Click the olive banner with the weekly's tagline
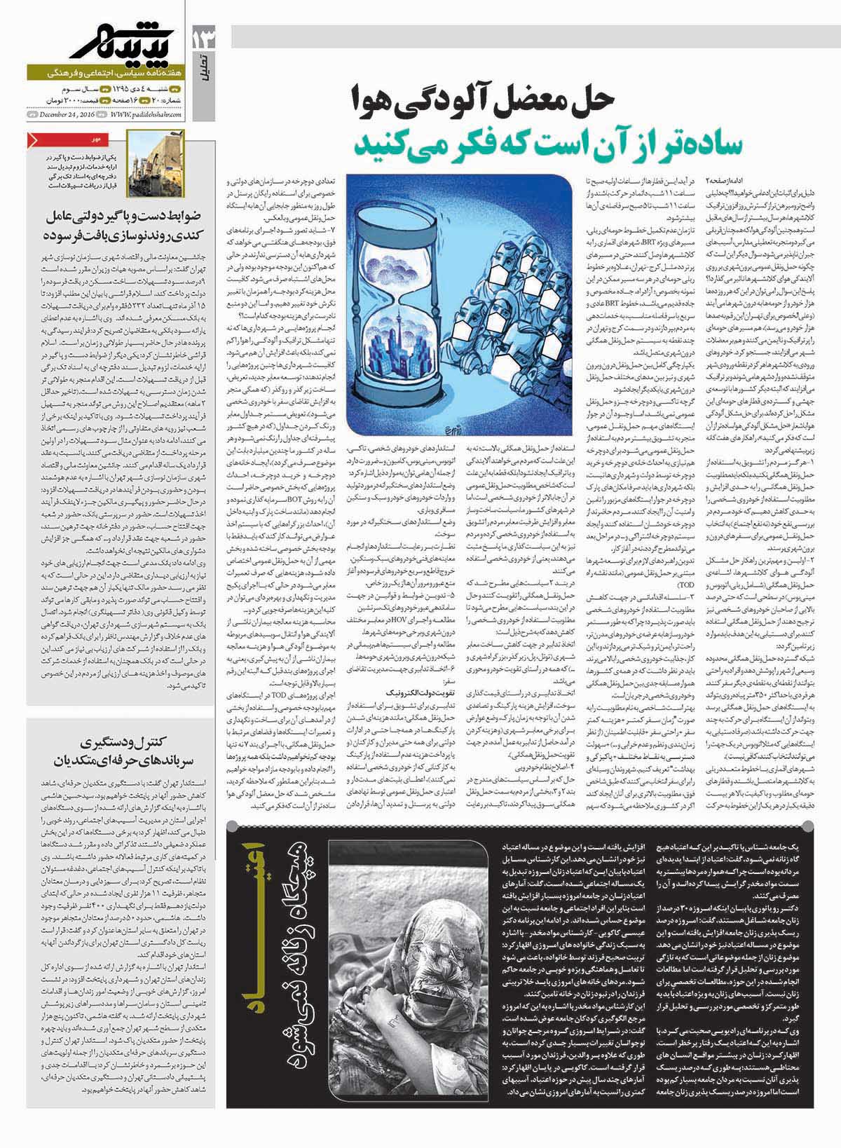click(105, 73)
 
